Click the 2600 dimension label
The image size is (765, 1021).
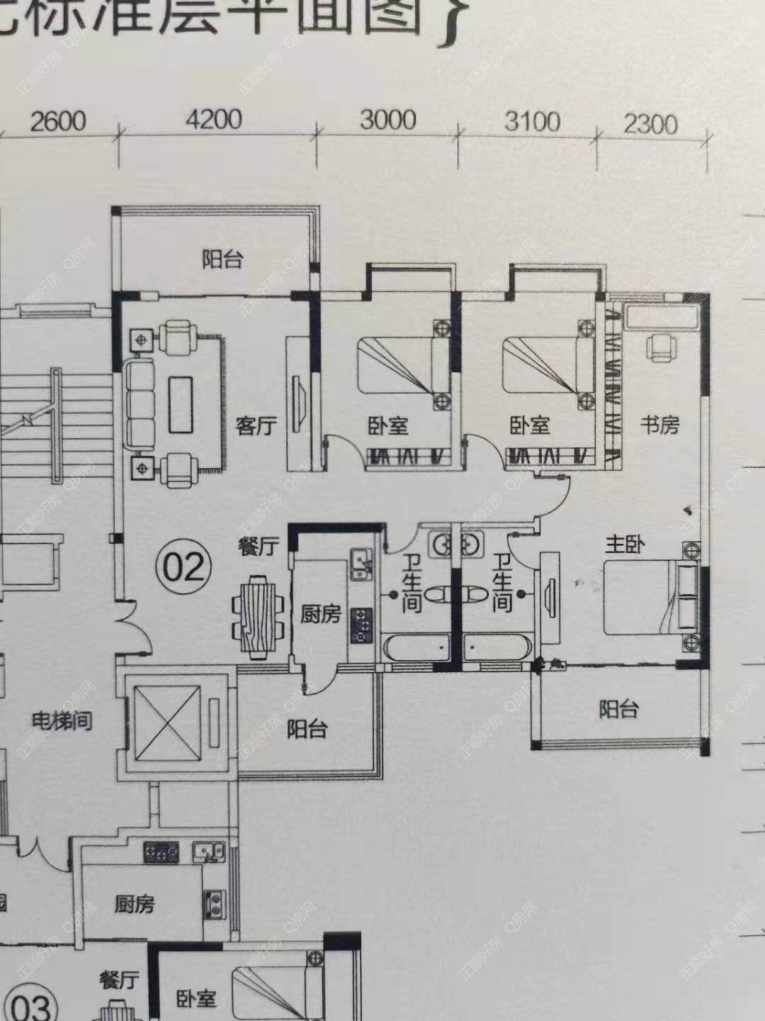coord(58,121)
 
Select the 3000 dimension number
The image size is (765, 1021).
coord(387,120)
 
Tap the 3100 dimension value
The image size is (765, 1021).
coord(533,122)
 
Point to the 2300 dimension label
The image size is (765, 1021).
coord(650,125)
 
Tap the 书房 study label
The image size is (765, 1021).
coord(659,425)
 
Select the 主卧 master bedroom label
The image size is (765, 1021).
coord(625,545)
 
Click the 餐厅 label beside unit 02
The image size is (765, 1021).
coord(259,547)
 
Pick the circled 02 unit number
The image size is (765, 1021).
coord(184,567)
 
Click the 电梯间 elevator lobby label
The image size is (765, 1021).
coord(62,722)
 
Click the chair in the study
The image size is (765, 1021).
coord(662,347)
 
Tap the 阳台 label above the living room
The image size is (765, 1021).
coord(222,259)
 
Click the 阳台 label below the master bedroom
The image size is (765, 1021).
coord(618,708)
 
